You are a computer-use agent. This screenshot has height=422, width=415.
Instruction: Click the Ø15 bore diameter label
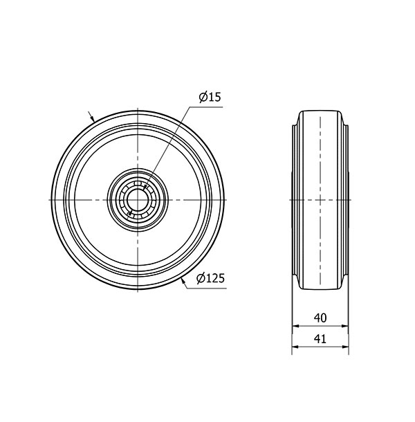[x=209, y=98]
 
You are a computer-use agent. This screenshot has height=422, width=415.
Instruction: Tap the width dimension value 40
[x=320, y=318]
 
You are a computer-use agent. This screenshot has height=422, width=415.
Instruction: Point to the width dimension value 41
[x=320, y=340]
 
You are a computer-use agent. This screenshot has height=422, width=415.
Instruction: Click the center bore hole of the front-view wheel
[x=138, y=200]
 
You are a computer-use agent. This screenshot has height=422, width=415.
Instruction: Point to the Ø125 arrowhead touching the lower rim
[x=183, y=280]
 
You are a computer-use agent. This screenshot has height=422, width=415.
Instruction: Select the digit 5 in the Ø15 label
[x=216, y=98]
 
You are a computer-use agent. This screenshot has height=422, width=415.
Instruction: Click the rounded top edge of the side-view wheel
[x=320, y=110]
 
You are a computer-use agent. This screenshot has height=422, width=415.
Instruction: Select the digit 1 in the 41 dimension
[x=324, y=340]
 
